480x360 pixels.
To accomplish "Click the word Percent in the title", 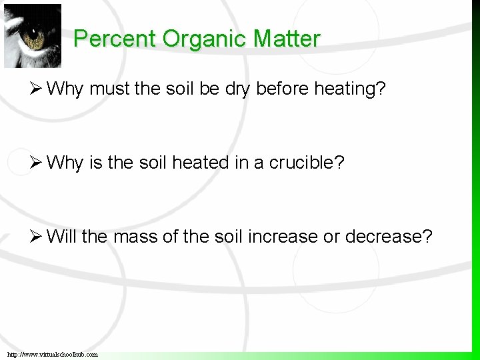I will [115, 39].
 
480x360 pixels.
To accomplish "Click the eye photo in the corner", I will [31, 35].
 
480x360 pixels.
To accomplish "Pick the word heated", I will [199, 163].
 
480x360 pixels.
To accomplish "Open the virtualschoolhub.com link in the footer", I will [53, 354].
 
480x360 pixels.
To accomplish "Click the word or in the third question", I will [331, 237].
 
